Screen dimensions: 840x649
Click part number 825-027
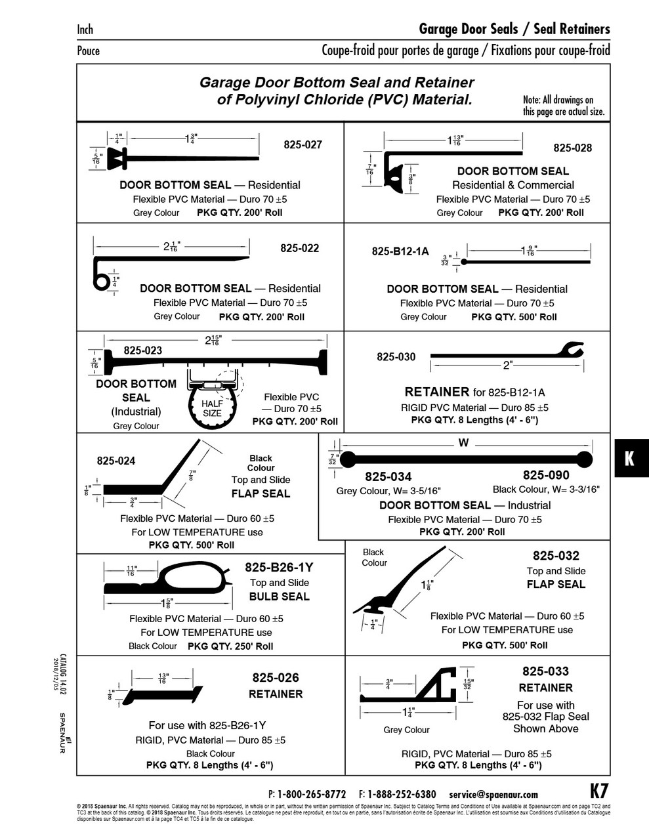(x=303, y=144)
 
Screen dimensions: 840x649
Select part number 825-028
(x=572, y=148)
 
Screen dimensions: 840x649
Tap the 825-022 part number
(x=300, y=248)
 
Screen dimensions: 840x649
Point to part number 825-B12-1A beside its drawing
(x=400, y=251)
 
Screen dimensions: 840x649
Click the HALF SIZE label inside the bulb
(x=212, y=408)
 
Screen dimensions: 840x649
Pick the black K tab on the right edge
(x=630, y=458)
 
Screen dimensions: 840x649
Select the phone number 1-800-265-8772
(x=312, y=794)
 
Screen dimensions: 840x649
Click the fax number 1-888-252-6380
(x=402, y=794)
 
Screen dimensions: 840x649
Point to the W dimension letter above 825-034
(x=463, y=443)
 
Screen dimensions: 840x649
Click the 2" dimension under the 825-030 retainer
(x=507, y=366)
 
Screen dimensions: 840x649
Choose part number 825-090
(x=546, y=475)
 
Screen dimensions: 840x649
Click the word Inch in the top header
(x=85, y=30)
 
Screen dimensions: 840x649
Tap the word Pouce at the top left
(x=89, y=51)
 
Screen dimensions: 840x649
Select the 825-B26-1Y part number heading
(x=279, y=567)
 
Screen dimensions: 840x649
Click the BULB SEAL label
(x=279, y=597)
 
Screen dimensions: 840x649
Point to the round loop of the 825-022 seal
(x=101, y=280)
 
